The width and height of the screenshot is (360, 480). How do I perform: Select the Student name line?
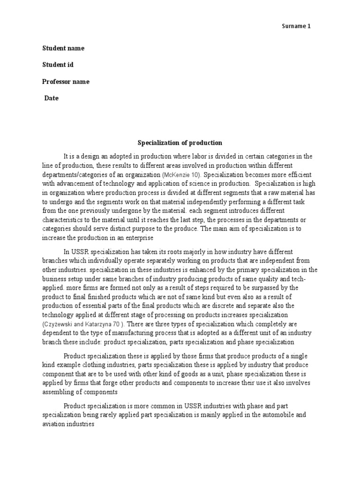point(63,48)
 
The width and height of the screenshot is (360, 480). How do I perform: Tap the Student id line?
point(58,65)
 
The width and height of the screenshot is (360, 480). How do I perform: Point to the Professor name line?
point(66,82)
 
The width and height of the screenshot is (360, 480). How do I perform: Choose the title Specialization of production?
point(180,142)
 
